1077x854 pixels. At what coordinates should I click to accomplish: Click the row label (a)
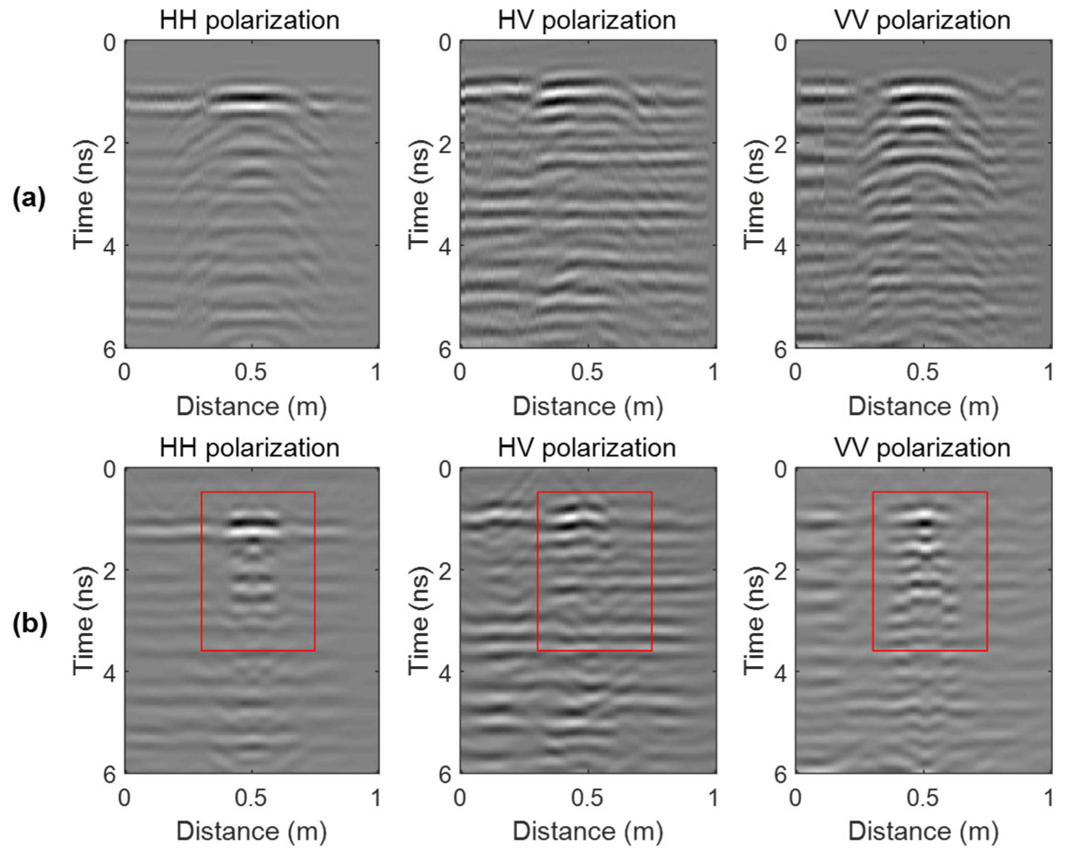[x=29, y=198]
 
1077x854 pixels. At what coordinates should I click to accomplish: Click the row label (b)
[x=29, y=624]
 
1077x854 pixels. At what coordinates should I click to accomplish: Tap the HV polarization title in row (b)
[x=586, y=447]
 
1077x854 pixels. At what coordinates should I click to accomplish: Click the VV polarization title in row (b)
[x=922, y=447]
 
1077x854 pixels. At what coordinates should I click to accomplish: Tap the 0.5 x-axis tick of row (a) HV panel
[x=588, y=373]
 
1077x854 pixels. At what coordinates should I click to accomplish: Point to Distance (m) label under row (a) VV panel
[x=923, y=406]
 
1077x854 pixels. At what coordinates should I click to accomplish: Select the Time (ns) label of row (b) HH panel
[x=83, y=620]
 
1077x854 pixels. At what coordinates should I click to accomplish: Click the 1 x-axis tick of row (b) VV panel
[x=1048, y=798]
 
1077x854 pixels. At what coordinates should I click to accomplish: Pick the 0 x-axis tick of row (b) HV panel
[x=459, y=798]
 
